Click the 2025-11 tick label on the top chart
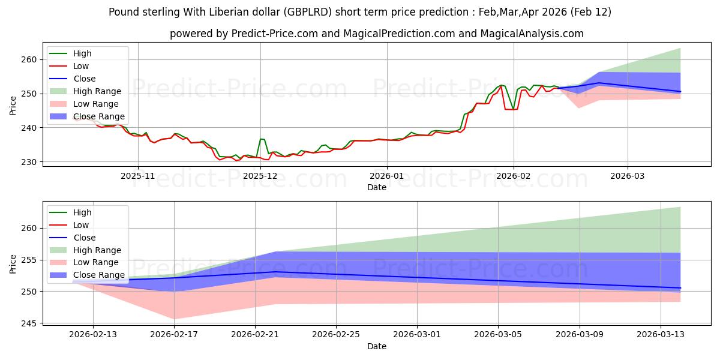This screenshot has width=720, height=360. [x=138, y=176]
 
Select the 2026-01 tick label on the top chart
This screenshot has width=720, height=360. [x=386, y=176]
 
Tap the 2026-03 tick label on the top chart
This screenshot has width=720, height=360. [x=628, y=176]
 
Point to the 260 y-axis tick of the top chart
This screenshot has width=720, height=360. [x=29, y=60]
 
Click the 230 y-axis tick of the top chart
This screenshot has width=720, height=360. [x=29, y=162]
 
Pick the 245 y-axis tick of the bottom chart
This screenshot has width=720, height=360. [x=29, y=323]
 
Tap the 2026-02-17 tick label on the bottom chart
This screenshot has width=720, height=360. [x=174, y=335]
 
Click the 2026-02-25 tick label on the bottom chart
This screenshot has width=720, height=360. [x=336, y=335]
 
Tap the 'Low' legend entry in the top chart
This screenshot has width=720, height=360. [x=81, y=66]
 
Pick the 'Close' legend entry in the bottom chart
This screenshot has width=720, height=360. [x=84, y=238]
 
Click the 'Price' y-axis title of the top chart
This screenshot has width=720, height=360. [x=13, y=105]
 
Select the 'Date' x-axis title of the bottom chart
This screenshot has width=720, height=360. [x=376, y=346]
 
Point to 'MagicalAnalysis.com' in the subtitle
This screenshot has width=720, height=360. [x=532, y=34]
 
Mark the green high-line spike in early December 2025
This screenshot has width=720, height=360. [x=261, y=139]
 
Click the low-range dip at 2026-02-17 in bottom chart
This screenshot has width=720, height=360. [x=174, y=319]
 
